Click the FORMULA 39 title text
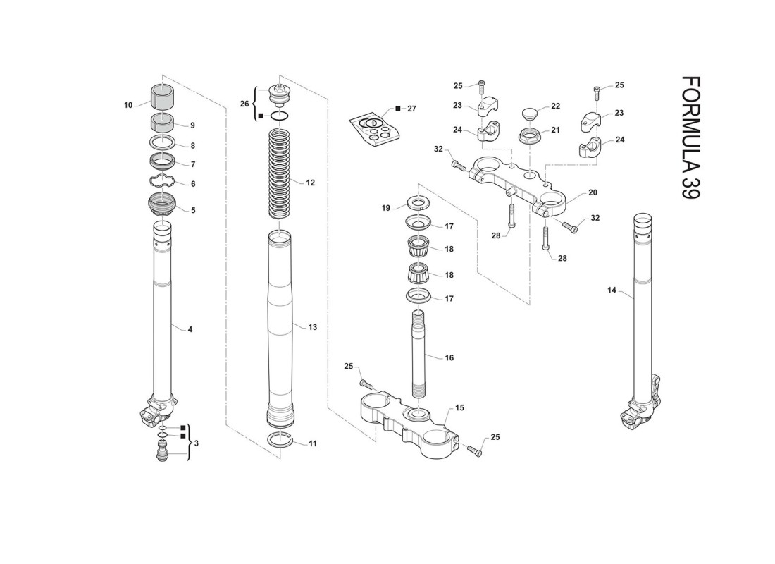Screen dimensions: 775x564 click(x=690, y=137)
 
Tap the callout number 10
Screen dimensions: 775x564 click(x=128, y=105)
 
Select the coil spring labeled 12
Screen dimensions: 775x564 click(x=280, y=173)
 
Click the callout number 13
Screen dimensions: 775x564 click(x=312, y=327)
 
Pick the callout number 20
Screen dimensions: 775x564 click(x=593, y=192)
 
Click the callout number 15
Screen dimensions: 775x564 click(x=459, y=408)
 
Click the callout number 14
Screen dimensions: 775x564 click(x=612, y=290)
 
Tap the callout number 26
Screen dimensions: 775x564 click(x=244, y=104)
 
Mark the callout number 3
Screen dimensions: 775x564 click(x=197, y=443)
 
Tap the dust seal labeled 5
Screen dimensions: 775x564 click(x=163, y=203)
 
